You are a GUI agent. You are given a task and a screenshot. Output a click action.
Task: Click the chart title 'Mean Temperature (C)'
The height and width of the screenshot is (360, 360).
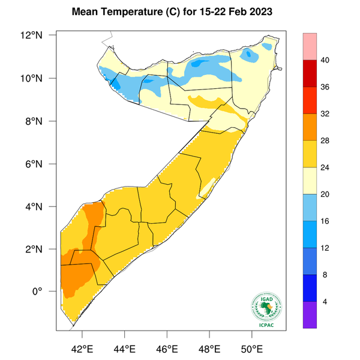pos(125,12)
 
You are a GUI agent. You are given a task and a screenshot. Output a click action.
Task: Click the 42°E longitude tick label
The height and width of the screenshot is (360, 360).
pos(82,348)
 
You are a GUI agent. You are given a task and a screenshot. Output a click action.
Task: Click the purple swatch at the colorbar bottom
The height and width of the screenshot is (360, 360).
pos(310,315)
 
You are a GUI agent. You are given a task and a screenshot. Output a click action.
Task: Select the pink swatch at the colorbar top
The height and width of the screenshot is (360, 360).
pos(310,47)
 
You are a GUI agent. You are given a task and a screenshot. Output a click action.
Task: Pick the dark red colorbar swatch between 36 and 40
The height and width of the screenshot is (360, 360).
pos(310,74)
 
